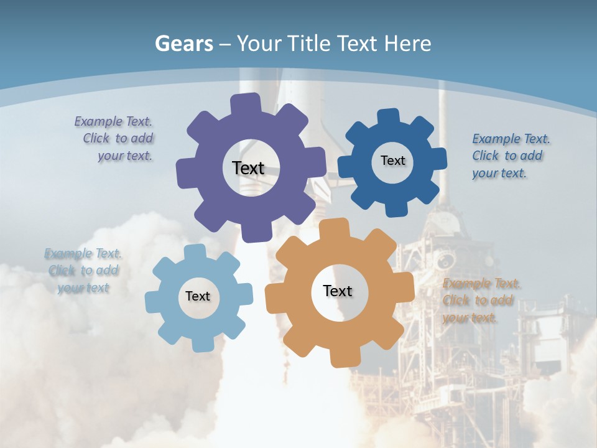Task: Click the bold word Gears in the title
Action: coord(183,44)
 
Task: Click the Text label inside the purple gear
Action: coord(248,168)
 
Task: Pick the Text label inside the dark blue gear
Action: coord(392,161)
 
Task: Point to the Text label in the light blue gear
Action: coord(198,296)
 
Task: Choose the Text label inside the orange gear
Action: coord(338,291)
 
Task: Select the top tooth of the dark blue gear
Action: coord(388,117)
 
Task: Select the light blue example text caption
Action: coord(83,271)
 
